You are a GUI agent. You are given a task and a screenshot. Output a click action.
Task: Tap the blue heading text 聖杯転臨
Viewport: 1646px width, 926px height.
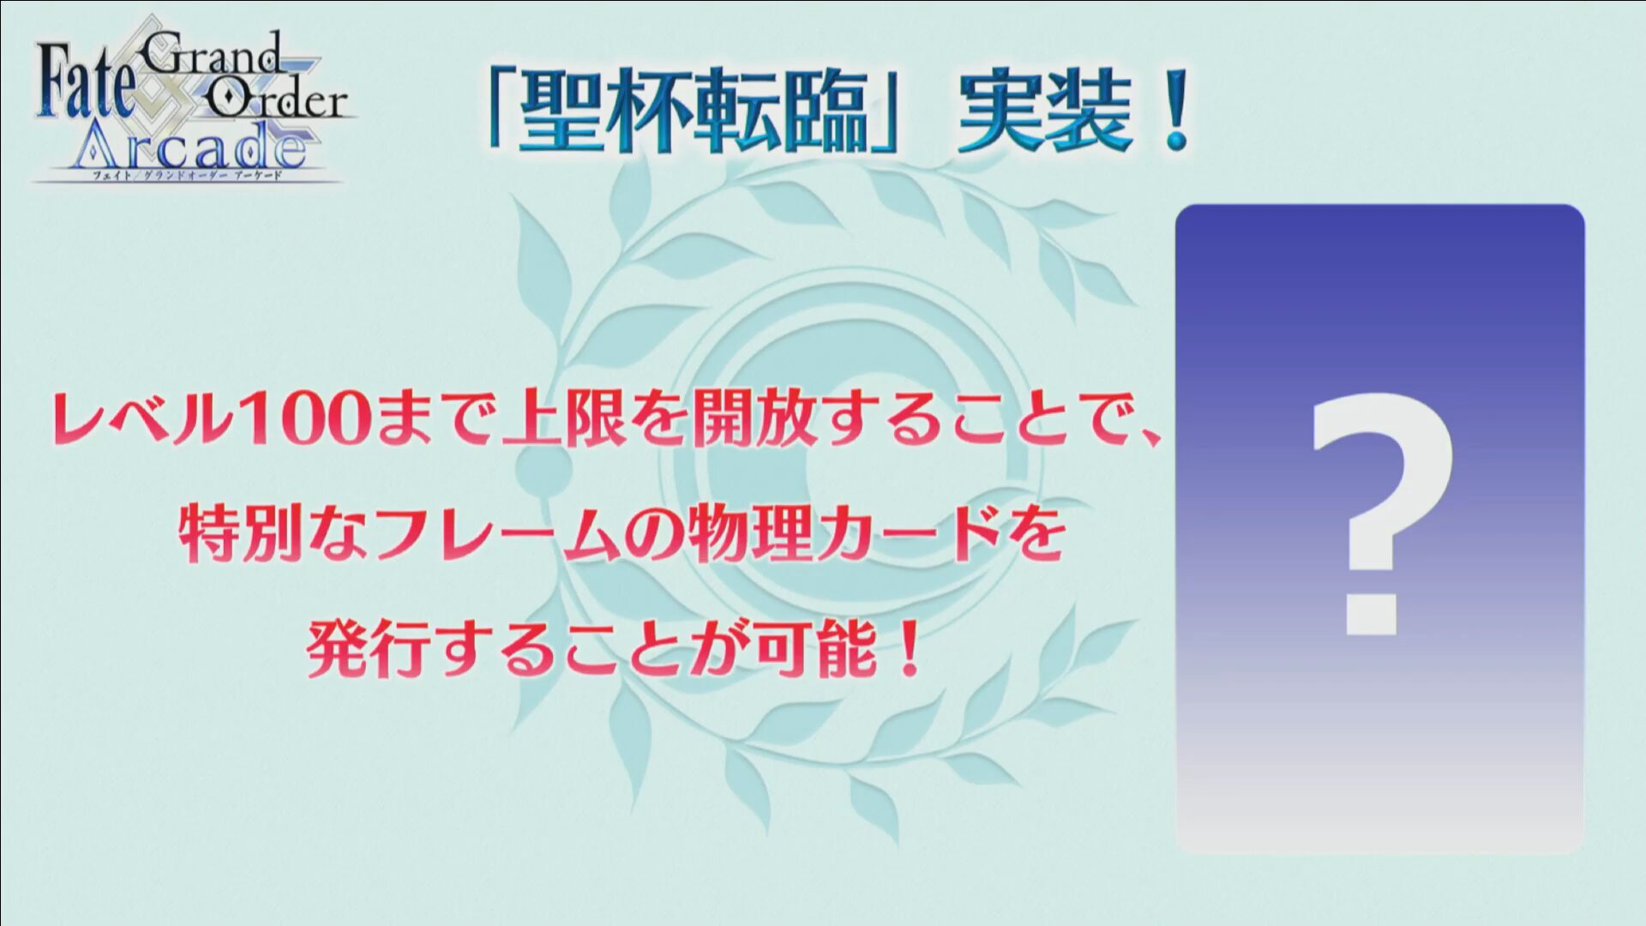[694, 111]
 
